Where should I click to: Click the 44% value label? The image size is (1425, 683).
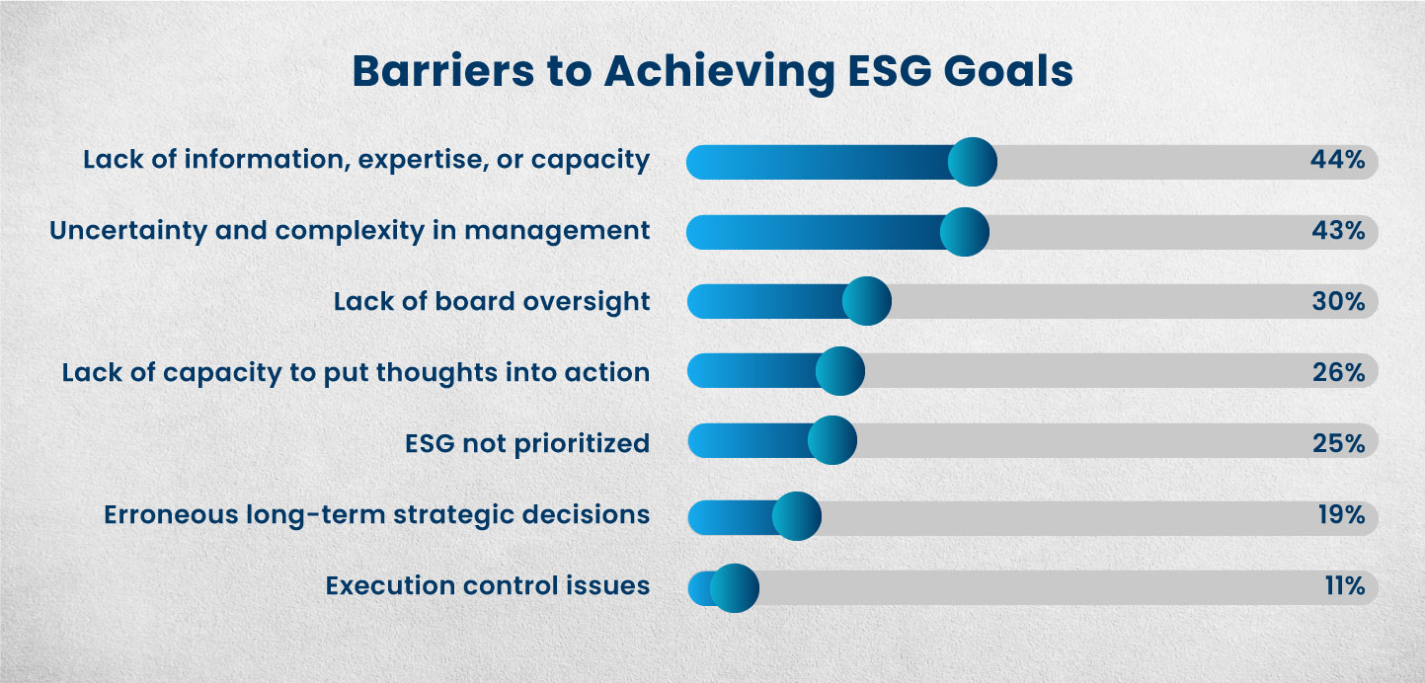pos(1338,161)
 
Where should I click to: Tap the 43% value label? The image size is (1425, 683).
pos(1338,232)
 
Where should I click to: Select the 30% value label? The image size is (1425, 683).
pos(1338,302)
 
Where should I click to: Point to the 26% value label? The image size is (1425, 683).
pos(1338,373)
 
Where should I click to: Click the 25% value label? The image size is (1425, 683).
pos(1338,444)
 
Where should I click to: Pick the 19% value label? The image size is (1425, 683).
pos(1340,515)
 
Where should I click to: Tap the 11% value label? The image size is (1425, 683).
pos(1344,586)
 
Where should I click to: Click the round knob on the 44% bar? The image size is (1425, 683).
pos(972,162)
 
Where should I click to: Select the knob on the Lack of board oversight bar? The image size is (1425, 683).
pos(867,301)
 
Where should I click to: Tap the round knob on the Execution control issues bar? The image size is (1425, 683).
pos(734,587)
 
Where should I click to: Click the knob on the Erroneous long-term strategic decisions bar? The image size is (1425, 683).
pos(796,515)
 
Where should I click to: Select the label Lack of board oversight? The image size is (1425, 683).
pos(492,302)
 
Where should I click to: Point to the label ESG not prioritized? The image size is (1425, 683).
pos(527,444)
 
